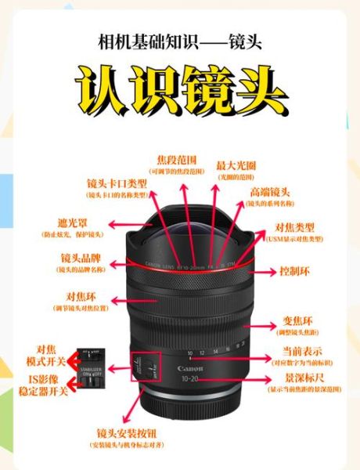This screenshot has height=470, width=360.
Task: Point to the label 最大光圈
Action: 236,165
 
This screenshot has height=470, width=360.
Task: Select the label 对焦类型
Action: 295,227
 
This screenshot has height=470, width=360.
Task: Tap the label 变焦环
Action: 297,321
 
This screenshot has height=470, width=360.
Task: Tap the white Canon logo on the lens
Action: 190,368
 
